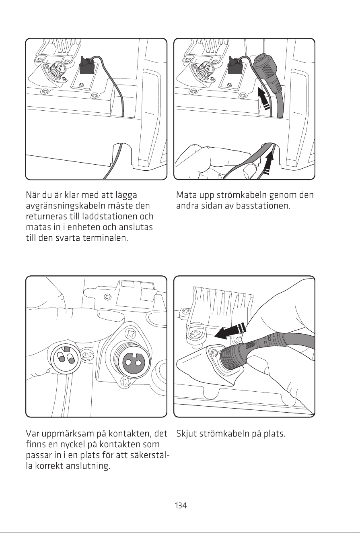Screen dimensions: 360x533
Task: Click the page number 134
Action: click(x=181, y=505)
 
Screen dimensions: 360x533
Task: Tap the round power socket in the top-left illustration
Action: click(x=56, y=70)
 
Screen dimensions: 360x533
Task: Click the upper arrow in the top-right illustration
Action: click(x=264, y=98)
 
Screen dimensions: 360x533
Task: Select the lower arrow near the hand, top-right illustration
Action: click(x=268, y=163)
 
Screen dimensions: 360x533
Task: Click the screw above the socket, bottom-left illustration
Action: click(x=130, y=333)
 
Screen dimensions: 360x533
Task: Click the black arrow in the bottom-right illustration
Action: click(x=230, y=330)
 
